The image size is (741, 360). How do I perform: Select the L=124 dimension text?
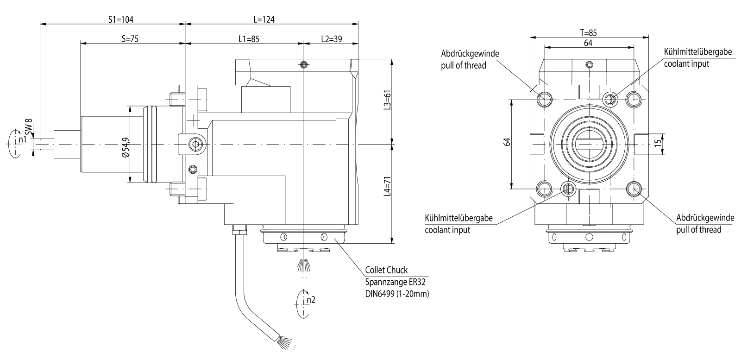[x=264, y=19]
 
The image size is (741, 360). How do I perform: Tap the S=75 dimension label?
[x=130, y=39]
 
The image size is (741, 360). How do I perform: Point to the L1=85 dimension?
[x=249, y=39]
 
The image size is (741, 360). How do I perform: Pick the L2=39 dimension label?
[x=331, y=39]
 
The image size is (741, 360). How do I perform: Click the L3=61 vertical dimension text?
[x=388, y=99]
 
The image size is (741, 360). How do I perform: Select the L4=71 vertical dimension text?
[x=388, y=186]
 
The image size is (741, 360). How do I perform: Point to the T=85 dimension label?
[x=588, y=33]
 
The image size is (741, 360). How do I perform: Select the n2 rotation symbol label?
[x=311, y=300]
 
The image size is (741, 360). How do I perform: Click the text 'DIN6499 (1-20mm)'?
[x=396, y=293]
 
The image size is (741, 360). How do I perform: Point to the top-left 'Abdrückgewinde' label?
[x=470, y=54]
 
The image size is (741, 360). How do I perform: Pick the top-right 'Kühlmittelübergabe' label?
[x=698, y=52]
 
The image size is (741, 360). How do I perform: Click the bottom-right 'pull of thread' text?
[x=698, y=229]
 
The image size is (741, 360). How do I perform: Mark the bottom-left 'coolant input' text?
[x=447, y=229]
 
